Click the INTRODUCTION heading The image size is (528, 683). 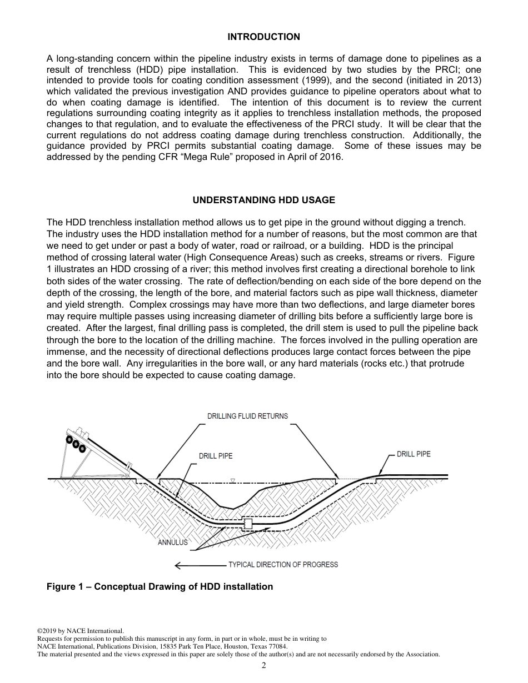[x=263, y=37]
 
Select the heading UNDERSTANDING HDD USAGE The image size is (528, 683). [x=263, y=200]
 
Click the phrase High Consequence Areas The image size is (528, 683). [x=228, y=257]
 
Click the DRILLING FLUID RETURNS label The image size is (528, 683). [x=247, y=416]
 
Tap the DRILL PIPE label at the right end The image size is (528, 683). [x=414, y=454]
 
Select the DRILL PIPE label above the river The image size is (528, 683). [x=216, y=456]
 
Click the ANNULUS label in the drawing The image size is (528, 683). [x=173, y=543]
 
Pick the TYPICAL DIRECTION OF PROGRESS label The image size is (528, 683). [x=283, y=565]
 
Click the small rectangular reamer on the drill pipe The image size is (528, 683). [x=248, y=523]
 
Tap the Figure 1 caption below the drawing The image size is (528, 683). [x=160, y=587]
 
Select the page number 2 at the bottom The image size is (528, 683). [x=264, y=666]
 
